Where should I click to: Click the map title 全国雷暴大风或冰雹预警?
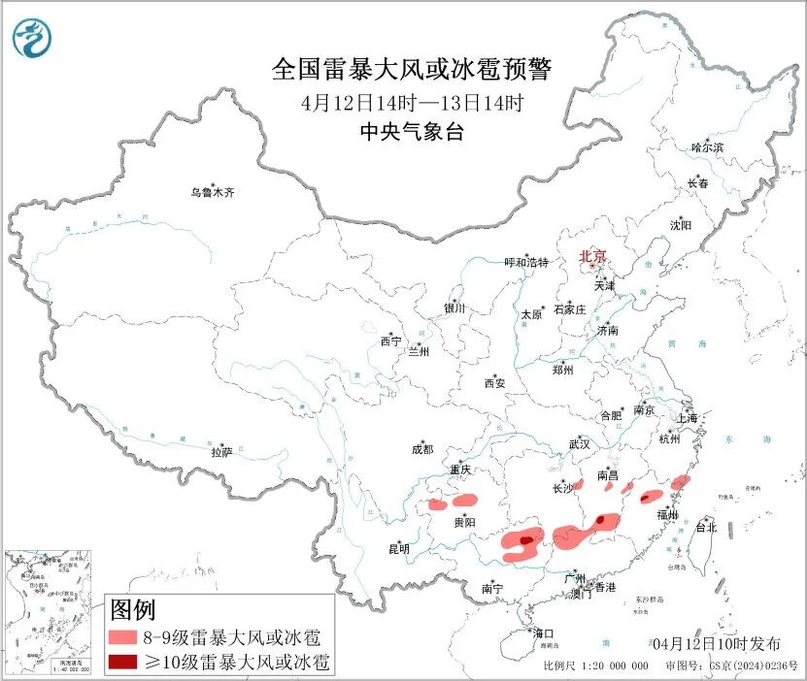(412, 70)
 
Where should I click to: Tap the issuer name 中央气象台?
(412, 132)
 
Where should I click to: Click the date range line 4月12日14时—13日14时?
(412, 102)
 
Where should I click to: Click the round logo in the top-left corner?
(33, 37)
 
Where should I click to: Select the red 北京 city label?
(592, 256)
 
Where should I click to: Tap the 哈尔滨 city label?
(707, 147)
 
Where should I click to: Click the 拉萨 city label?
(221, 452)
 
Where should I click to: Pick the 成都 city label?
(422, 449)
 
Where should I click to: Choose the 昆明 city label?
(399, 549)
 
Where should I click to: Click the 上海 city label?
(689, 418)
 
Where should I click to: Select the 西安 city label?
(494, 383)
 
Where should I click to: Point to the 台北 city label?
(705, 528)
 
